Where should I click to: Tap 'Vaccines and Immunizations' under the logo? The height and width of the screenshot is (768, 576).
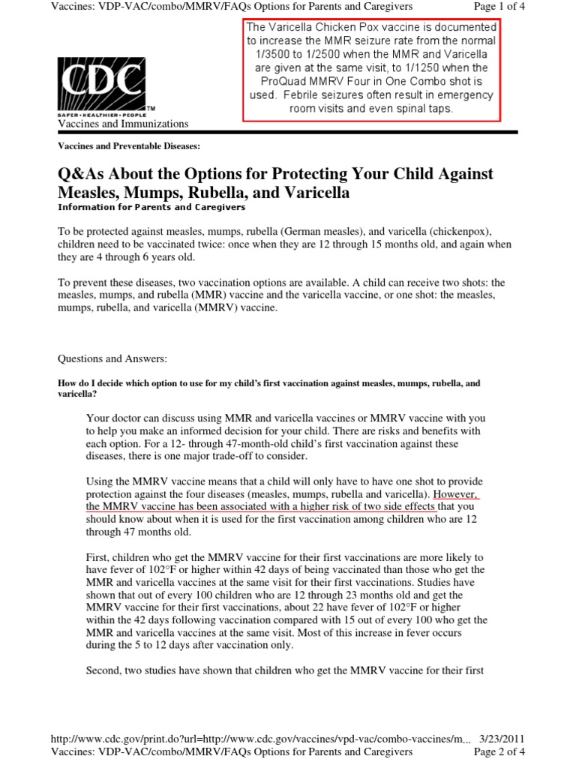[x=123, y=124]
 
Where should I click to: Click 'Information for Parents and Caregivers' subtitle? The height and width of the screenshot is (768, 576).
[x=151, y=207]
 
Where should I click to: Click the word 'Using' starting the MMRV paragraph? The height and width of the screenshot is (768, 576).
[x=100, y=481]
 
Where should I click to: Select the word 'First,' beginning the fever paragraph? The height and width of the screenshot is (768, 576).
[x=100, y=558]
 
